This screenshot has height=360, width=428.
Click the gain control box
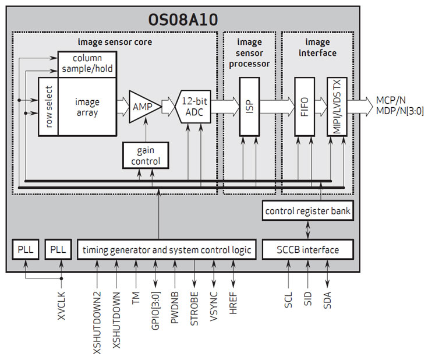[x=145, y=155]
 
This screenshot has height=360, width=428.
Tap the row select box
[x=48, y=107]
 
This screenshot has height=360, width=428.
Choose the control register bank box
[x=308, y=210]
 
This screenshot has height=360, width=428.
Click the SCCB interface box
[x=308, y=250]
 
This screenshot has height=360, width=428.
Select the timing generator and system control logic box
[x=167, y=250]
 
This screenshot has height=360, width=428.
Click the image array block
[x=87, y=106]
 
